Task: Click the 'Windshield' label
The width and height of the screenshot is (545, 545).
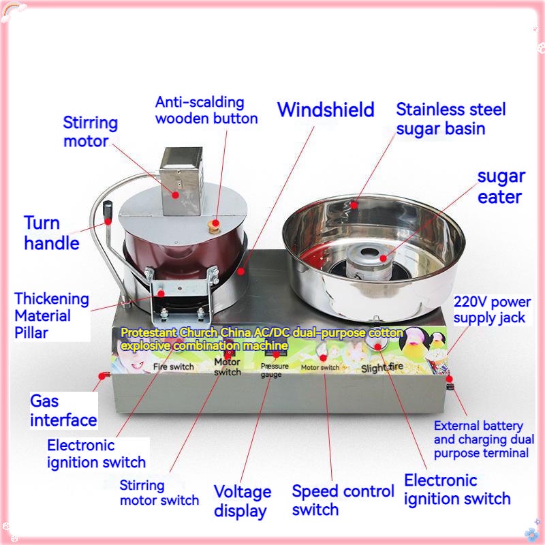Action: tap(326, 110)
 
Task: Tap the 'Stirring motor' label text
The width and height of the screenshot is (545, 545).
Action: tap(91, 131)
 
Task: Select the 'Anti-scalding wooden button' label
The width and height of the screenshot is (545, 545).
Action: tap(206, 110)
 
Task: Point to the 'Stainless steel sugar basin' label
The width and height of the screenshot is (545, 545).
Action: tap(451, 119)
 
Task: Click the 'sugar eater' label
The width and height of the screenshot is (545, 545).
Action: tap(501, 187)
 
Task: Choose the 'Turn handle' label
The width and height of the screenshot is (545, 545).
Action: tap(52, 233)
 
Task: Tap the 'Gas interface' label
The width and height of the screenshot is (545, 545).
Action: tap(63, 411)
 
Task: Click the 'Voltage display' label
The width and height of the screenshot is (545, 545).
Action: tap(243, 501)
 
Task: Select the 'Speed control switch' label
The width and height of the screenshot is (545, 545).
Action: tap(343, 500)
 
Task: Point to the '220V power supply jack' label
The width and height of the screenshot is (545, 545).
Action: tap(492, 310)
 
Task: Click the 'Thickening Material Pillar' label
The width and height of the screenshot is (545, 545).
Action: tap(52, 315)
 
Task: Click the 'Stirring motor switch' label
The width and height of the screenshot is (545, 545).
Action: tap(159, 493)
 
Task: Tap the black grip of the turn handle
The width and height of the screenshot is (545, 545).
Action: tap(108, 210)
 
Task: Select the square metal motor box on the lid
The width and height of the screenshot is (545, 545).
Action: tap(181, 181)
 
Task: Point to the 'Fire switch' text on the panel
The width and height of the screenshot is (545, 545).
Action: tap(174, 367)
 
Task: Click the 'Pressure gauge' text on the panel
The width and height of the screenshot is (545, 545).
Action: tap(275, 370)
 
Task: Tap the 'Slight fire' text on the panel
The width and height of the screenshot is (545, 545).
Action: tap(382, 367)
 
